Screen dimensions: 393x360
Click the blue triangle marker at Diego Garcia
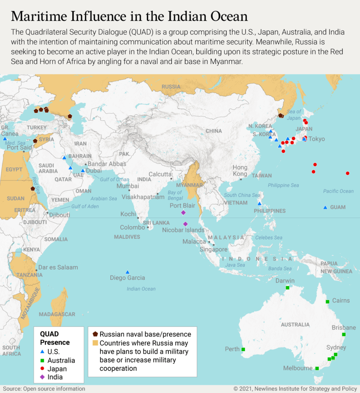(x=127, y=272)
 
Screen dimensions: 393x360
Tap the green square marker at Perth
(x=243, y=349)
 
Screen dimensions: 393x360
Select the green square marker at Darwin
(x=287, y=288)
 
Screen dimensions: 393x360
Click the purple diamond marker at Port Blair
(x=183, y=213)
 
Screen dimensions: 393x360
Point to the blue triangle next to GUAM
(x=325, y=208)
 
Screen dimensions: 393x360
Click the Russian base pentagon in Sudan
(x=33, y=189)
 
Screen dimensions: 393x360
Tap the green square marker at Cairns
(x=327, y=302)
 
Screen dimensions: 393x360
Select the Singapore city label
(x=213, y=249)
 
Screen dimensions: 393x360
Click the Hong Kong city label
(x=240, y=170)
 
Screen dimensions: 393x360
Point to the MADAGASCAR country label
(x=57, y=314)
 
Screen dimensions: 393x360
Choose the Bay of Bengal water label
(x=175, y=195)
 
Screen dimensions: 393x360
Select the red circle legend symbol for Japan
(x=42, y=369)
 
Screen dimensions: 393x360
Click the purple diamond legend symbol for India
(x=42, y=377)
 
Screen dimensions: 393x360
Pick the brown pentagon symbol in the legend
(x=95, y=334)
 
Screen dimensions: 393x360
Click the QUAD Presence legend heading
(x=55, y=338)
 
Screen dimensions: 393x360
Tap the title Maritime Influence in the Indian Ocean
(x=129, y=17)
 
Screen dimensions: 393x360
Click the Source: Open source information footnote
(x=44, y=389)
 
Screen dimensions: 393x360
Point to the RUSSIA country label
(x=171, y=87)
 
